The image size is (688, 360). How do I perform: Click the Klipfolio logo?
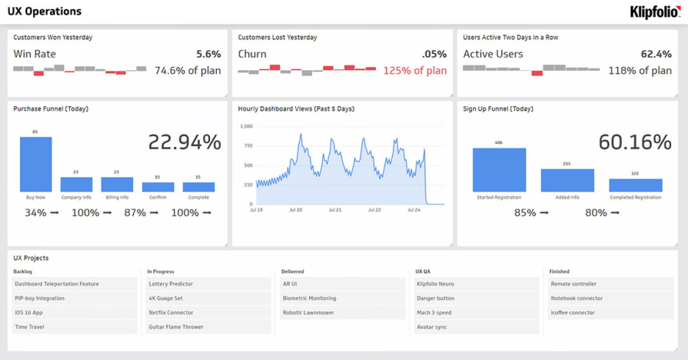pos(654,12)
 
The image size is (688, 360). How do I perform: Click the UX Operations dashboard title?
pos(45,12)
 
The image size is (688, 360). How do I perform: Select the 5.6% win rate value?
pos(208,54)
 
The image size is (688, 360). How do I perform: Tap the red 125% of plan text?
pos(414,71)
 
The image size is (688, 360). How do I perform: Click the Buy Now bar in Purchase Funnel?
pos(35,165)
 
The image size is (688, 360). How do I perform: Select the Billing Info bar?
pos(117,185)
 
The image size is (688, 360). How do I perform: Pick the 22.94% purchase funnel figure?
pos(184,142)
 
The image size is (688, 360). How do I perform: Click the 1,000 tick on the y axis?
pos(246,126)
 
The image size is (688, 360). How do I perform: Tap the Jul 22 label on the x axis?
pos(374,210)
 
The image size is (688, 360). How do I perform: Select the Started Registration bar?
pos(499,170)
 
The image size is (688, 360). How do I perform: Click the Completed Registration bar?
pos(635,185)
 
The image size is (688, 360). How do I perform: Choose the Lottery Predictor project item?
pos(171,284)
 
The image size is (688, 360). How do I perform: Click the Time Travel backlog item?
pos(29,327)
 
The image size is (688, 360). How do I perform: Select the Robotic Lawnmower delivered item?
pos(308,312)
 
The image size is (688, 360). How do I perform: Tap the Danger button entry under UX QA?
pos(435,298)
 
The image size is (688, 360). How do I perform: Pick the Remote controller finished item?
pos(573,284)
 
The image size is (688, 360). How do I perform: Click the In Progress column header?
pos(161,272)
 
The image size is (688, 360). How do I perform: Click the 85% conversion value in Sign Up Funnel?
pos(525,212)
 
